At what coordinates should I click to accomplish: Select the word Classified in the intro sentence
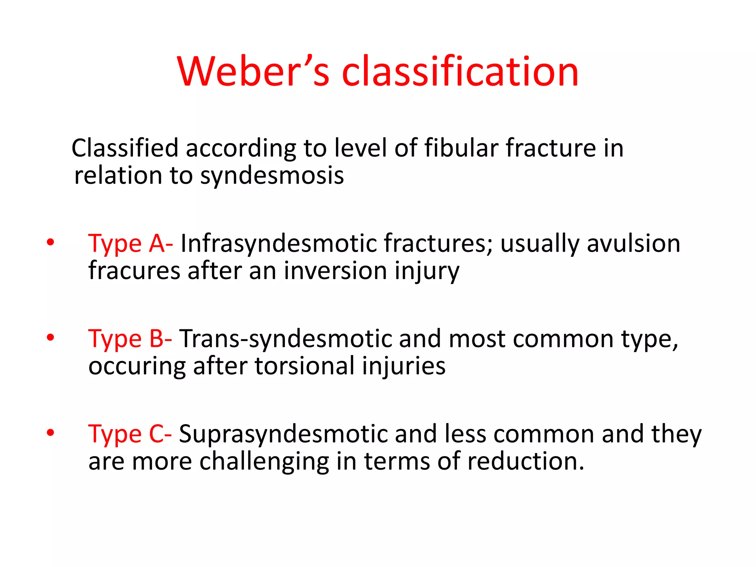[125, 148]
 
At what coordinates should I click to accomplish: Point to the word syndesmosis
[272, 176]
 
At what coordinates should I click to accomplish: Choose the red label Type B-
[130, 339]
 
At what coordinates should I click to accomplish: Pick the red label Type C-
[130, 434]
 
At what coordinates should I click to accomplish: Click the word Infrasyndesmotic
[278, 244]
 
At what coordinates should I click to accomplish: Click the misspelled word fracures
[134, 271]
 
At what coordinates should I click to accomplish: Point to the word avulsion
[633, 244]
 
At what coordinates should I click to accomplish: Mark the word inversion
[335, 271]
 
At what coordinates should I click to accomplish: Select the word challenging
[264, 462]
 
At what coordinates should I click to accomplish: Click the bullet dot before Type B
[51, 337]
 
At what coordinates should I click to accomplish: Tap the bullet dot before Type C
[51, 433]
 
